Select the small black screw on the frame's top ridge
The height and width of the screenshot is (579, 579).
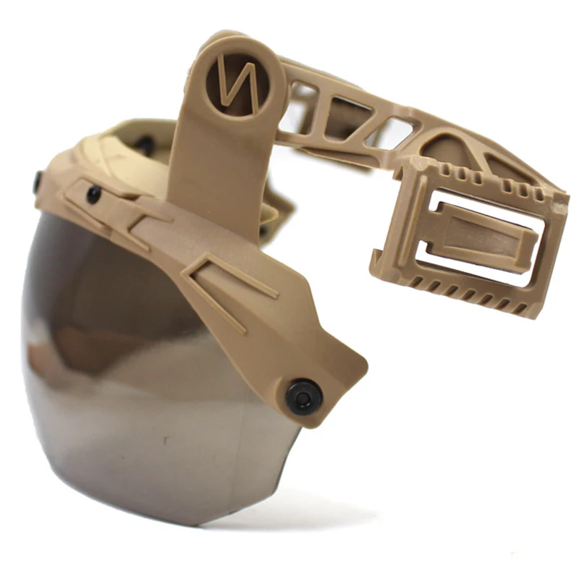click(x=93, y=194)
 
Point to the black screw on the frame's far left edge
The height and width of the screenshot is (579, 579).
click(x=36, y=183)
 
